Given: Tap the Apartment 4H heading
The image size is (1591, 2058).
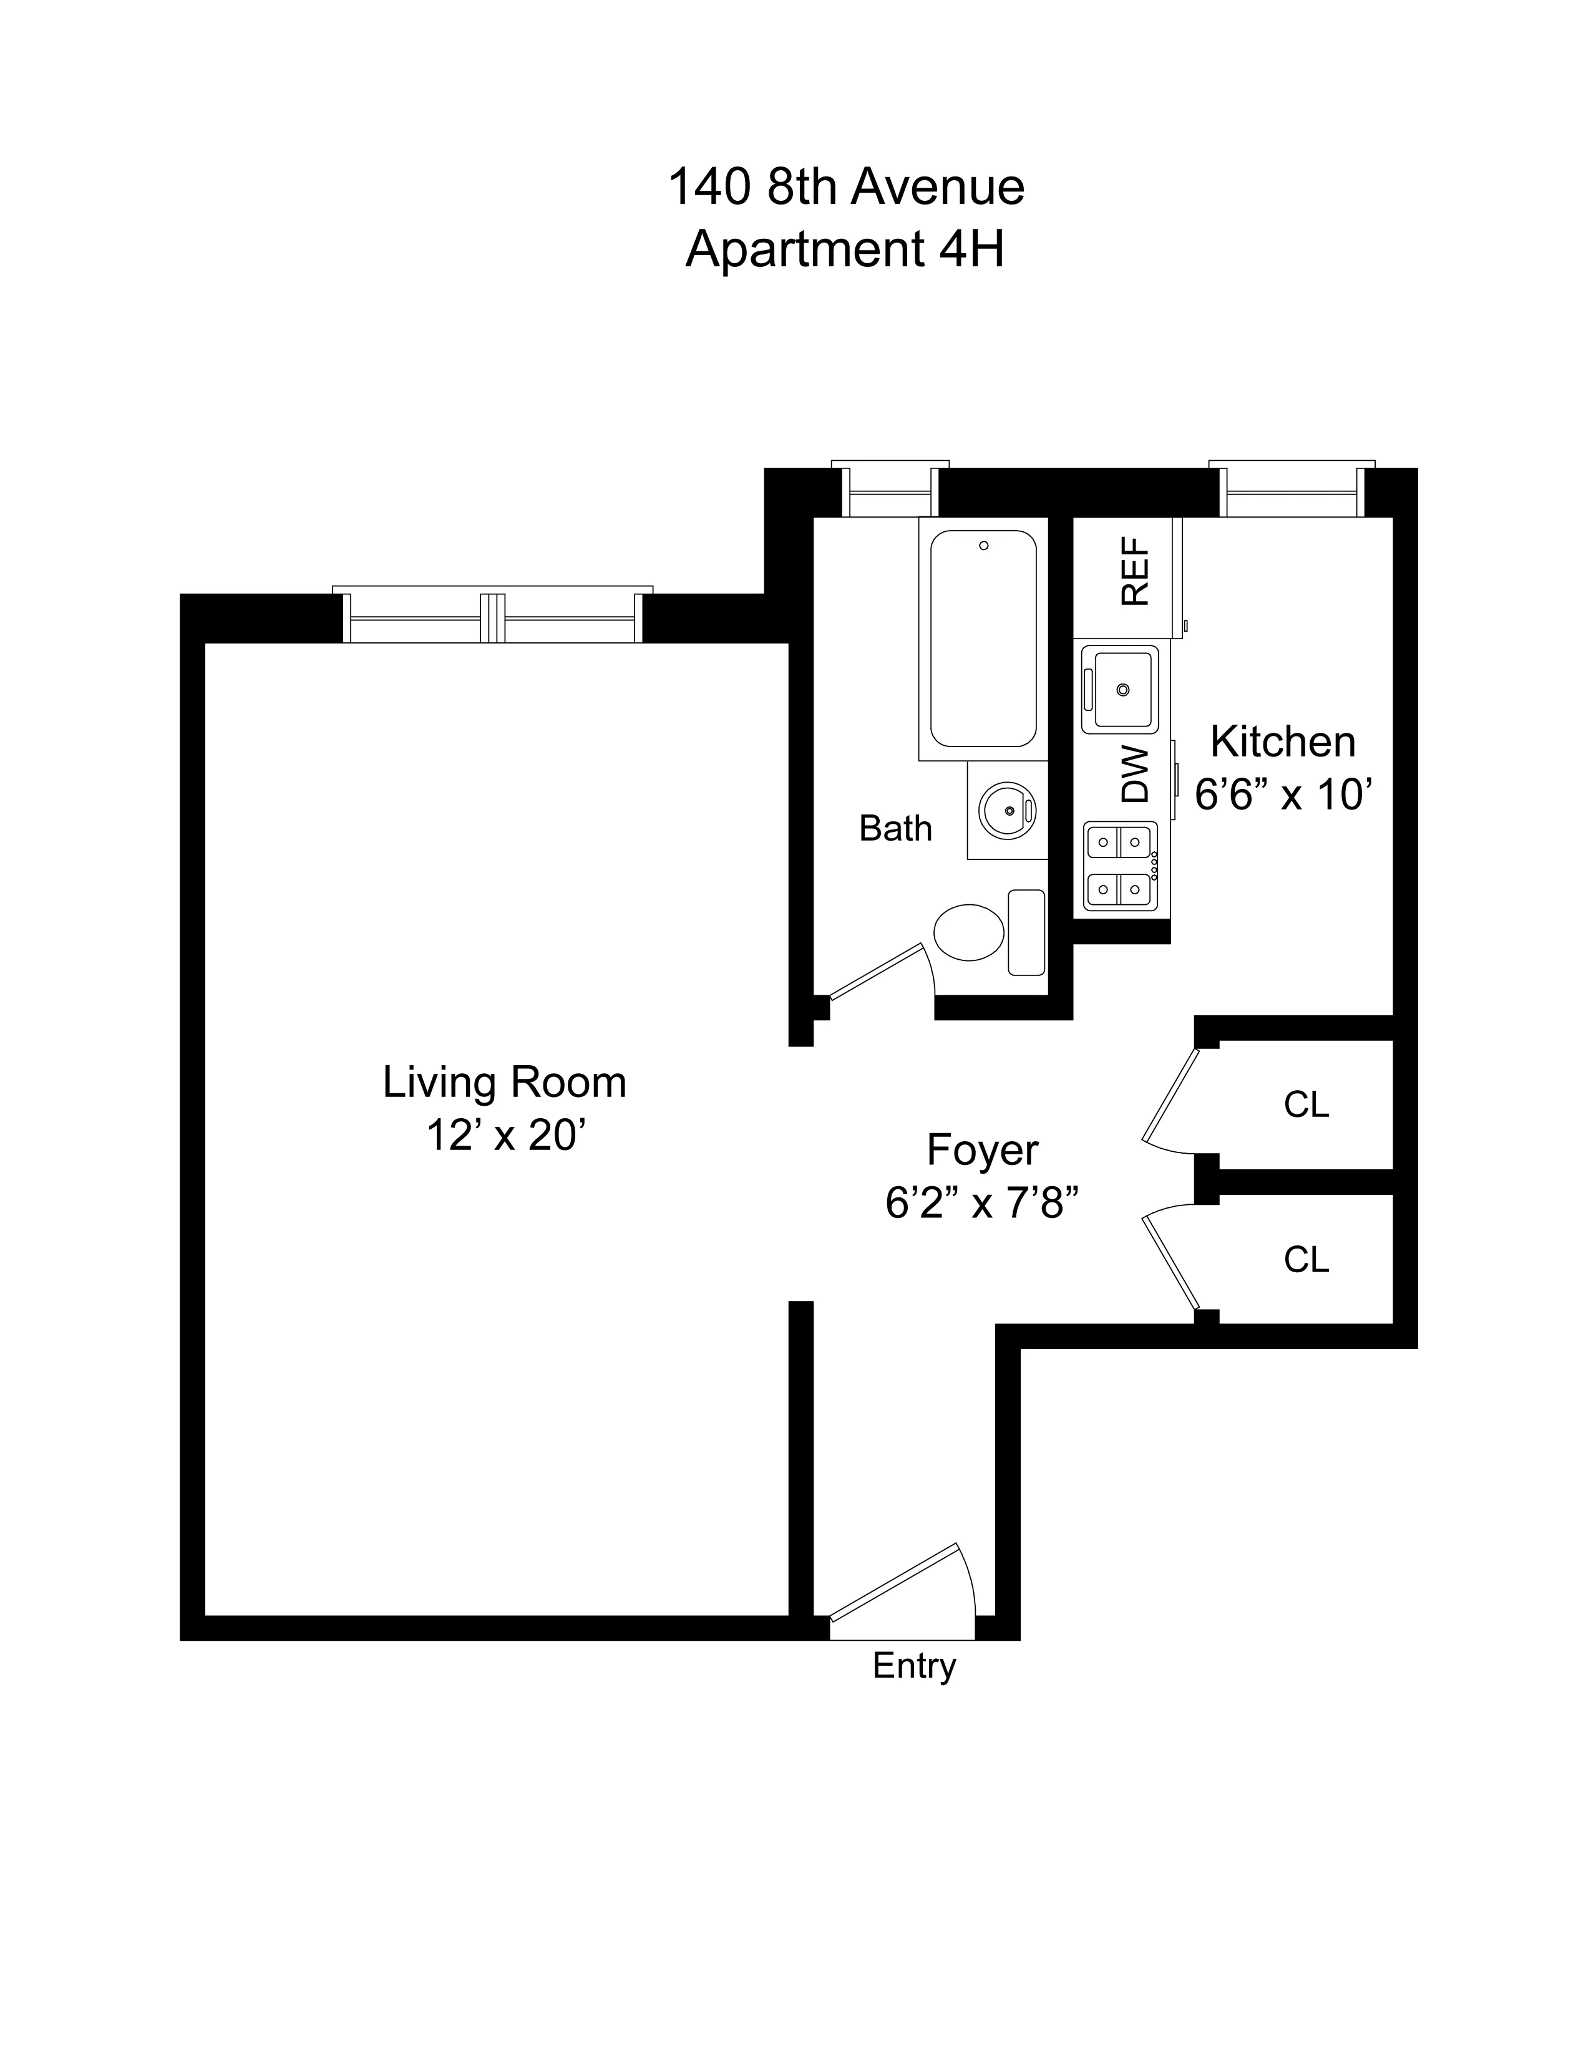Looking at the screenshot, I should coord(845,249).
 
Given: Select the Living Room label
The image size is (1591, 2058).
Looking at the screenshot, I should coord(504,1082).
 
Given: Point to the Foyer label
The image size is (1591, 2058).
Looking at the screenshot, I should coord(982,1149).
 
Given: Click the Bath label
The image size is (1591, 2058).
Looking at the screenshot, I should coord(895,828).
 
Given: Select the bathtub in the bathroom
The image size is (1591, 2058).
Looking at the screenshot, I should coord(983,638).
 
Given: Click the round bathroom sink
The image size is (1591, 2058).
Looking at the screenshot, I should coord(1006,809).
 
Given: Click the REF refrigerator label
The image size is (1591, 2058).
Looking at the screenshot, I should coord(1135,571).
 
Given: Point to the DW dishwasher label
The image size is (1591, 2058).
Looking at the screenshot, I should coord(1136,775).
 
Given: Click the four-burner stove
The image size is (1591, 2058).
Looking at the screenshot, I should coord(1120,865).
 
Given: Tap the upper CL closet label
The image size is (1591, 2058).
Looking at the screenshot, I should coord(1305,1104).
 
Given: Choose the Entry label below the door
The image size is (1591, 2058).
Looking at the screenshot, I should coord(913,1665).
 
